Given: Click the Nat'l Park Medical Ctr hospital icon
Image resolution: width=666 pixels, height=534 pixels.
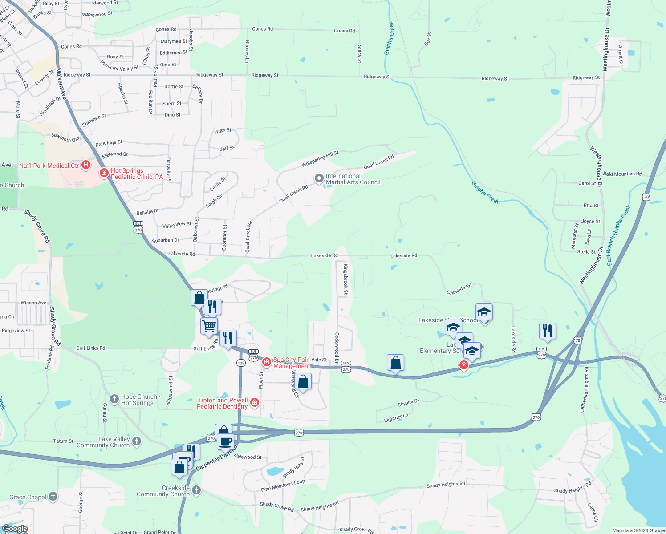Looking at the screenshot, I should [86, 165].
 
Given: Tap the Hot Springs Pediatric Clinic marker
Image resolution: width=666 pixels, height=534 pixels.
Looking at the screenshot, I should [104, 173].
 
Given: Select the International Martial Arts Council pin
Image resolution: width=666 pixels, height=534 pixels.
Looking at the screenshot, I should [319, 179].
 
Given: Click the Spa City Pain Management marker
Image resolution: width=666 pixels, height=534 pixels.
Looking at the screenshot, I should [266, 362].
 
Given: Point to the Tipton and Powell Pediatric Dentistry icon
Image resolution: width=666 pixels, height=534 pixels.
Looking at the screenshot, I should [255, 403].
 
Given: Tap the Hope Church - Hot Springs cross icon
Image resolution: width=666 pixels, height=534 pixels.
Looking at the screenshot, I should [114, 398].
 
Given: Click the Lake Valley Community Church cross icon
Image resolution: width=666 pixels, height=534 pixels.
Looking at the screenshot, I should [137, 441].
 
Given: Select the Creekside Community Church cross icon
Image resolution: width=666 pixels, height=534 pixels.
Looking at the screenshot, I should [196, 490].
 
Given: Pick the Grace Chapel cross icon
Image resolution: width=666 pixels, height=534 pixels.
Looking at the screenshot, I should [53, 496].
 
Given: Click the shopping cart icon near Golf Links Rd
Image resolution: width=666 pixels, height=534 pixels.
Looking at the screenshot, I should [209, 326].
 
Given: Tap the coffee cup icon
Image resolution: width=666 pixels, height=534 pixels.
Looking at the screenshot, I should [226, 441].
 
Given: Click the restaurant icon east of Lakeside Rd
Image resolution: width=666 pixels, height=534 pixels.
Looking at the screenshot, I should [548, 331].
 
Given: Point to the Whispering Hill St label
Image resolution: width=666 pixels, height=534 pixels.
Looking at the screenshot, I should [320, 159].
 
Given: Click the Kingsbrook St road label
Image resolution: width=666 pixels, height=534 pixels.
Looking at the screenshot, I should [345, 279].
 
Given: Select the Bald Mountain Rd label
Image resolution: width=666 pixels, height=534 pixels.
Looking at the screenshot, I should [622, 174].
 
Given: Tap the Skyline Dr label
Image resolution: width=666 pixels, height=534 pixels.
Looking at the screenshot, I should [408, 403].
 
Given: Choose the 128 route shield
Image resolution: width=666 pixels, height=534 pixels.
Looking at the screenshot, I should [241, 363].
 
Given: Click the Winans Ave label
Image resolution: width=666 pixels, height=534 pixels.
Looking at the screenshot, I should [33, 303].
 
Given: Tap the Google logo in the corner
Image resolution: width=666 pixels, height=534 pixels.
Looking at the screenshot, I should [15, 529].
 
